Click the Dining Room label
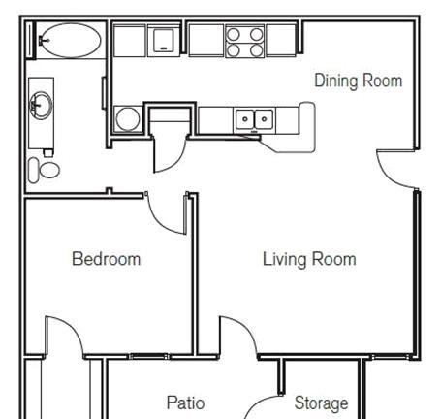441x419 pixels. click(x=359, y=81)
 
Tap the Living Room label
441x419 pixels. click(x=309, y=259)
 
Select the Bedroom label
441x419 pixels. click(x=107, y=259)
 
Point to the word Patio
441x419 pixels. click(x=185, y=403)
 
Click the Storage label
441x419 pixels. click(x=321, y=403)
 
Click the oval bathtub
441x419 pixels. click(x=72, y=40)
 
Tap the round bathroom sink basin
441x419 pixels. click(x=41, y=106)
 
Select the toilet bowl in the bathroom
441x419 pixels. click(x=49, y=170)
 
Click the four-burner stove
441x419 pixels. click(x=245, y=42)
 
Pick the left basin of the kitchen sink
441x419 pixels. click(x=244, y=119)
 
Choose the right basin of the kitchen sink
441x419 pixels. click(x=264, y=119)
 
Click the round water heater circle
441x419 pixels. click(x=128, y=119)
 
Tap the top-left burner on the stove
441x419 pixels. click(x=234, y=34)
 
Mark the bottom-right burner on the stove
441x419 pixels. click(x=257, y=50)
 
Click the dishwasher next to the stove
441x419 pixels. click(x=164, y=41)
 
